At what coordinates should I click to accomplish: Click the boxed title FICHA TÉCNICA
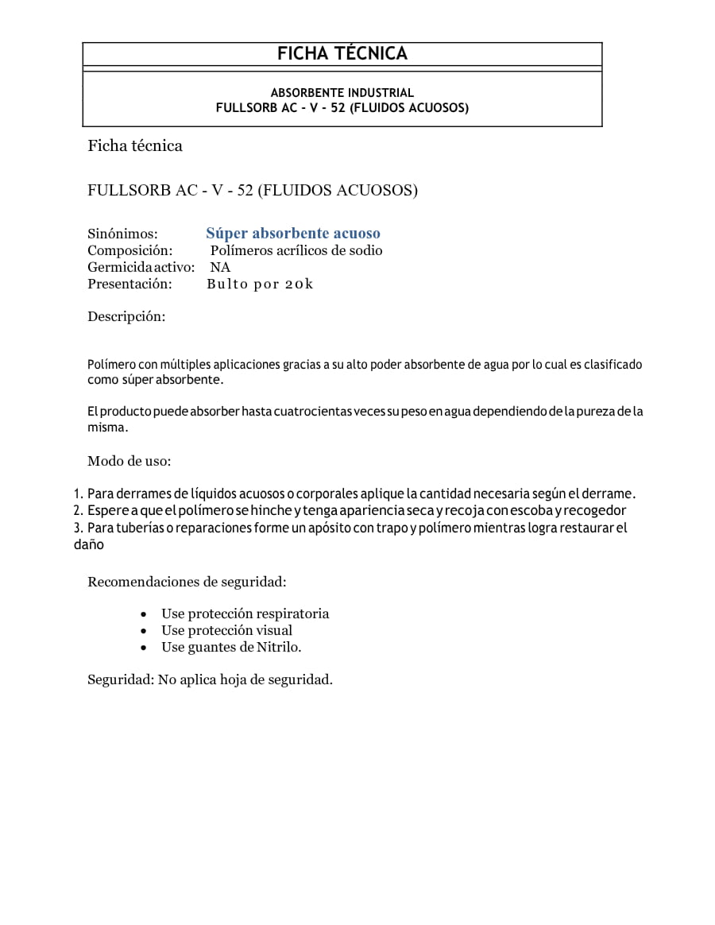(x=342, y=54)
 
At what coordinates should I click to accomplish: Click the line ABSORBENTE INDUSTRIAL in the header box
(x=342, y=93)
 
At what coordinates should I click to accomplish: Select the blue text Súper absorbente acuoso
(x=293, y=234)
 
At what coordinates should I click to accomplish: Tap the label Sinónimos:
(x=122, y=234)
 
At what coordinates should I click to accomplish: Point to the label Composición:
(x=129, y=250)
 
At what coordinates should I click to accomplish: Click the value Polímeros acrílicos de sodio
(x=296, y=250)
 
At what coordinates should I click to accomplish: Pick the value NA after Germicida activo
(x=220, y=267)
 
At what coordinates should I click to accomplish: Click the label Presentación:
(x=129, y=284)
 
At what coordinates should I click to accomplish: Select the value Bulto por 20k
(x=260, y=284)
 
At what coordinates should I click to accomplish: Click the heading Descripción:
(x=126, y=316)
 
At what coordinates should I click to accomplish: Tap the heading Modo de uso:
(x=129, y=461)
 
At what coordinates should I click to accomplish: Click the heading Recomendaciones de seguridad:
(x=187, y=582)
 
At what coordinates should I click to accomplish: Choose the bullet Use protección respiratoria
(x=245, y=613)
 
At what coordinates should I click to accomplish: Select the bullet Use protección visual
(x=226, y=630)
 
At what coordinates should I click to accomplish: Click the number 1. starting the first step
(x=78, y=493)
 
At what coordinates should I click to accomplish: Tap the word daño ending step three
(x=89, y=545)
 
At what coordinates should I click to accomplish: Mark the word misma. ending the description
(x=107, y=428)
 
